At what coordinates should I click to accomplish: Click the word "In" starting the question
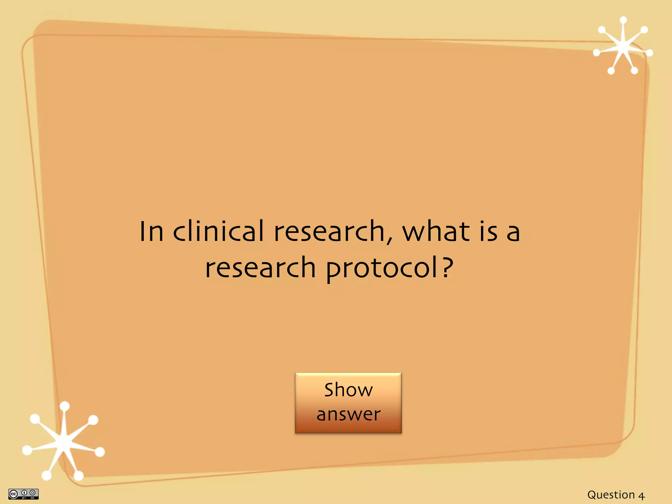(x=151, y=231)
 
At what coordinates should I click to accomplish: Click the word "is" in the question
(x=489, y=231)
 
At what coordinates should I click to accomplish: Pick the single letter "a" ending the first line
(x=513, y=233)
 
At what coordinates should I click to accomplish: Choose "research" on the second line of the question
(x=261, y=267)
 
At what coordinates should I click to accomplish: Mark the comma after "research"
(x=389, y=241)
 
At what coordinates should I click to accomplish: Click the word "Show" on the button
(x=348, y=390)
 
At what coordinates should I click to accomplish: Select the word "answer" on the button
(x=348, y=414)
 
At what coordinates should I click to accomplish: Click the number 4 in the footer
(x=641, y=495)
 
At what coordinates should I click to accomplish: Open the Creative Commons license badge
(x=23, y=494)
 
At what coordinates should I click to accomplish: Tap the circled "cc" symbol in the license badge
(x=13, y=494)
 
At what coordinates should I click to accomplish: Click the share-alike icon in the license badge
(x=32, y=493)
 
